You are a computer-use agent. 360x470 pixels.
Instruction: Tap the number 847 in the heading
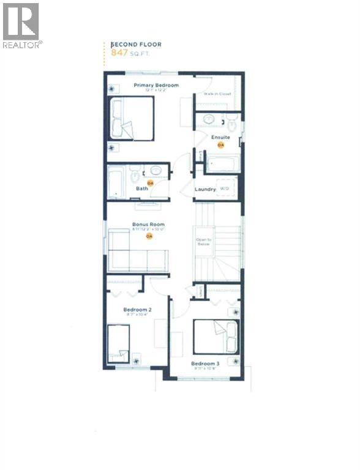(x=119, y=54)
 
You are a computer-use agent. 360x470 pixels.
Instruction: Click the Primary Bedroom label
(x=156, y=85)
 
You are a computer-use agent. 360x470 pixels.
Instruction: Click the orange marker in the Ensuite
(x=221, y=146)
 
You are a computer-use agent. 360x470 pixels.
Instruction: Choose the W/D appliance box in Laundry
(x=225, y=188)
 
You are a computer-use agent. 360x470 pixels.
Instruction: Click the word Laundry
(x=205, y=189)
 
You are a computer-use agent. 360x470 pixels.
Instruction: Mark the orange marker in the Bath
(x=148, y=182)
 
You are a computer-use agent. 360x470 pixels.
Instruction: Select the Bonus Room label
(x=149, y=225)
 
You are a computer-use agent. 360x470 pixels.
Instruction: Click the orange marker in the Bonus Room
(x=148, y=236)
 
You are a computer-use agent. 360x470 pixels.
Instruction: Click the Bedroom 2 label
(x=137, y=310)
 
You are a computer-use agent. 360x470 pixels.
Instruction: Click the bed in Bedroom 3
(x=216, y=337)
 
